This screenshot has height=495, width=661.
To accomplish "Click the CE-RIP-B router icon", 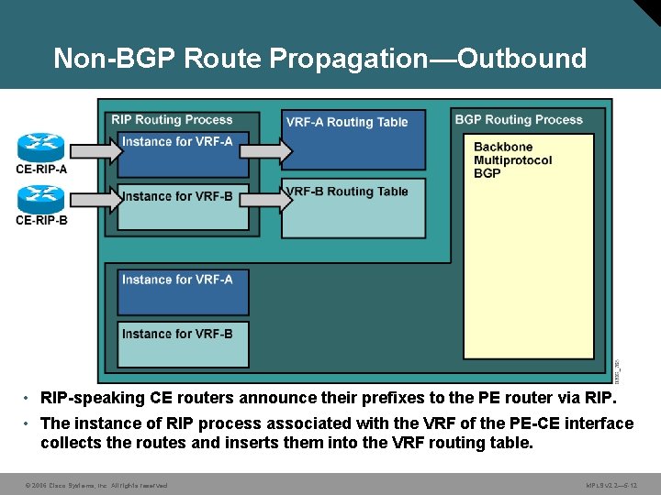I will [41, 199].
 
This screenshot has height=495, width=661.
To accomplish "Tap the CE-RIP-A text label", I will [41, 169].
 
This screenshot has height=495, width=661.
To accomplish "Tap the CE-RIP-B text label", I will [41, 220].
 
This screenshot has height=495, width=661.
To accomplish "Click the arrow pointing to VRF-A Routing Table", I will [266, 148].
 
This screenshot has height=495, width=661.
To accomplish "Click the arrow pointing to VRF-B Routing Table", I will [266, 199].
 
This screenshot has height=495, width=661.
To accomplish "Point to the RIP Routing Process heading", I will [172, 120].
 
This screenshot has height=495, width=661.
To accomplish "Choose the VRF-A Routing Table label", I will [347, 122].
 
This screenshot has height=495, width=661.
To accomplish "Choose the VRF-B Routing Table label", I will [347, 192].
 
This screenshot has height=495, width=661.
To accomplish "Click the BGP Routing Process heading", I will [519, 120].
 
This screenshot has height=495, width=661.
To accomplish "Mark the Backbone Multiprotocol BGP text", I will [512, 160].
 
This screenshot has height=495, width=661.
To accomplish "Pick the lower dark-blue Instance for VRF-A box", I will [184, 291].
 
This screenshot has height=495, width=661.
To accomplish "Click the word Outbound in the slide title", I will [521, 59].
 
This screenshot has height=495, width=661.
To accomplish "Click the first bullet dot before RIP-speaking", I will [29, 399].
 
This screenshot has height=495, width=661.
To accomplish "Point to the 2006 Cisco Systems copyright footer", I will [96, 485].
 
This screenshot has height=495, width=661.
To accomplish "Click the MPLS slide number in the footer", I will [611, 485].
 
